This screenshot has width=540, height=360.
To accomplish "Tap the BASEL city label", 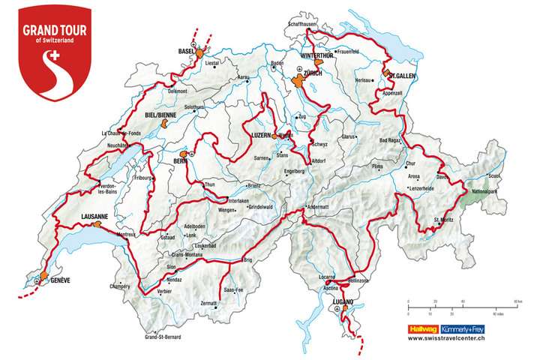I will coord(186,51).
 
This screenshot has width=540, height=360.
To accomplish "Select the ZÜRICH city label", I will coord(313,73).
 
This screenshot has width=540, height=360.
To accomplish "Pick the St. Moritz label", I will coord(447,220).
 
